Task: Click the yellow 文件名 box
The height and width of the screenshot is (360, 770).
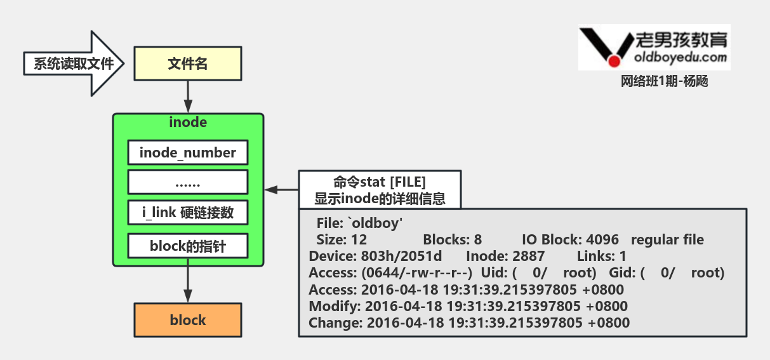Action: point(188,64)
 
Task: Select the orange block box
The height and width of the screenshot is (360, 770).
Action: point(188,320)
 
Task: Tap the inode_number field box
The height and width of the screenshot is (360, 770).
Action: point(188,153)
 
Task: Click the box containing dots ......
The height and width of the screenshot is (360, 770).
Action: point(188,182)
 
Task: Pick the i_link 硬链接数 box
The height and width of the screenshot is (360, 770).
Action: point(188,213)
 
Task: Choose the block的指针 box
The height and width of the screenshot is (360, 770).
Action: point(188,245)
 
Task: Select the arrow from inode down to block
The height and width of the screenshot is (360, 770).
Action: point(188,284)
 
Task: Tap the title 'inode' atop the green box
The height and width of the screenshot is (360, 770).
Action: point(188,122)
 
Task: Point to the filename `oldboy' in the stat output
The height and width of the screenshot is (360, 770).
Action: point(376,224)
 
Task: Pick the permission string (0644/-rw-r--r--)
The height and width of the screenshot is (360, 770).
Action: point(416,273)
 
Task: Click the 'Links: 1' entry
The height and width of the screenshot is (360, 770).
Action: point(601,257)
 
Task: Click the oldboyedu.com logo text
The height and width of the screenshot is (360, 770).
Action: point(680,57)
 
